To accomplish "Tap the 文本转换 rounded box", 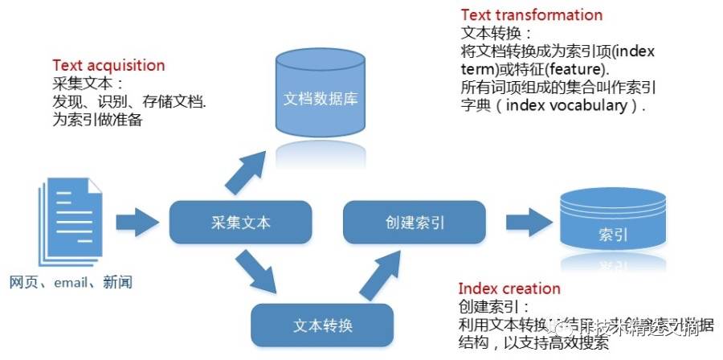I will [323, 325].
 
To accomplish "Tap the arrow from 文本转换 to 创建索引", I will [377, 274].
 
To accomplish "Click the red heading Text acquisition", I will [108, 66].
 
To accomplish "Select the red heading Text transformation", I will [531, 15].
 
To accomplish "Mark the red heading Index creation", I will [509, 288].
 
